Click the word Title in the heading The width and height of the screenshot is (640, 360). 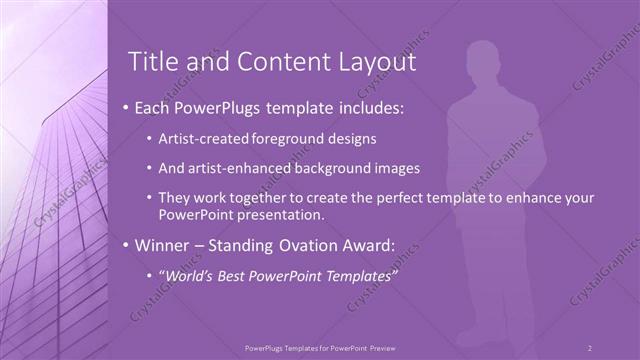click(x=155, y=62)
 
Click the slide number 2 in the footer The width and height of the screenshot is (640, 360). click(x=589, y=347)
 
